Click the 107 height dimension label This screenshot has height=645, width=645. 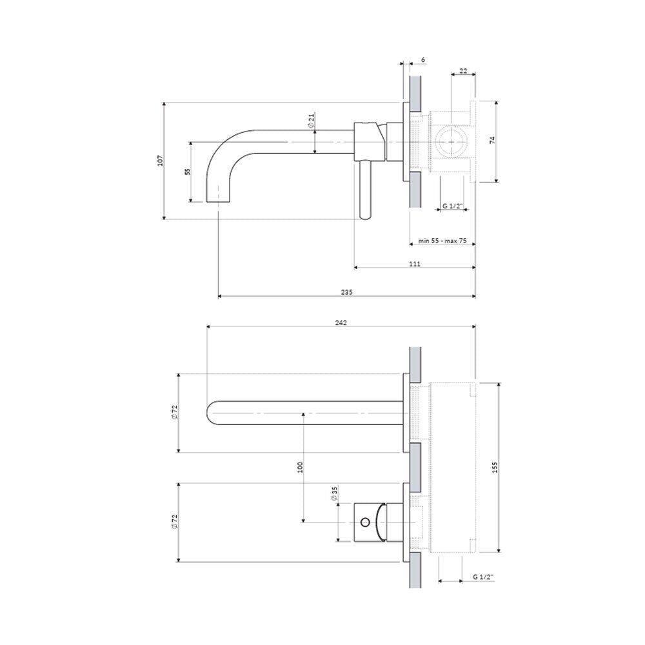coord(161,161)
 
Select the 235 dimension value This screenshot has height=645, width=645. coord(347,292)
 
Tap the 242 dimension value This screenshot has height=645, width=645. coord(341,323)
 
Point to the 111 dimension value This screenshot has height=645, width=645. coord(415,264)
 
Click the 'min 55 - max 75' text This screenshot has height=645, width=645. coord(442,241)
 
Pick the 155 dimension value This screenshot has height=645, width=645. coord(495,467)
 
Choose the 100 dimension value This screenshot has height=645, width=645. coord(300,467)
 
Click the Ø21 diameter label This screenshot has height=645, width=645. coord(312,119)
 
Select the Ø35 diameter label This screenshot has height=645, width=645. coord(333,493)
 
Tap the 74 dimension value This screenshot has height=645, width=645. coord(493,140)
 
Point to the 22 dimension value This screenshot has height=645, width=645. coord(463,71)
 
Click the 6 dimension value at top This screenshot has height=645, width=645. coord(423,60)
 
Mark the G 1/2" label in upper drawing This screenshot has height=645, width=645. coord(453,206)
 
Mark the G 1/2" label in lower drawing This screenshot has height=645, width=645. coord(483,577)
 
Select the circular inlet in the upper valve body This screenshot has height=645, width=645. coord(451,141)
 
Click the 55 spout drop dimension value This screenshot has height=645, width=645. coord(188,172)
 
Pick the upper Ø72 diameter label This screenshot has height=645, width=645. coord(175,413)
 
